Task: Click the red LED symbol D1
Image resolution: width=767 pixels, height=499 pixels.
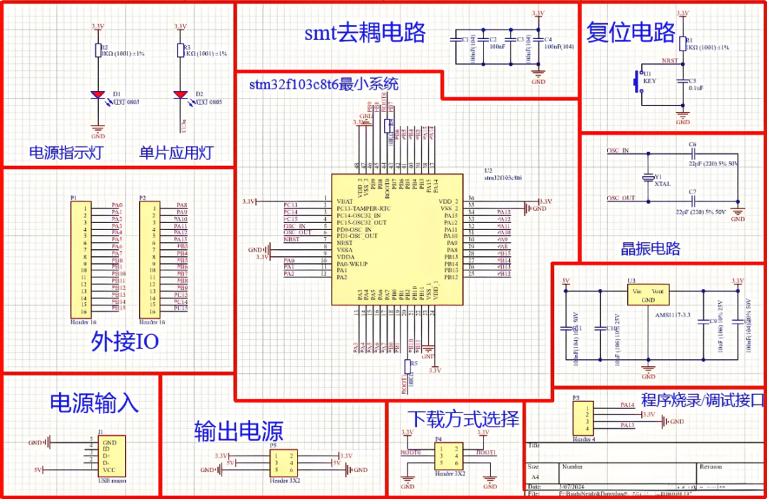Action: pos(98,94)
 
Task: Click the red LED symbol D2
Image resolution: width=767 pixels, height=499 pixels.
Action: pos(180,94)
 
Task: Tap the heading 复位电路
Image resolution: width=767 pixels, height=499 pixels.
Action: pos(631,33)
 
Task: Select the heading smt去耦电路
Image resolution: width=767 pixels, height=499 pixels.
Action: pos(365,33)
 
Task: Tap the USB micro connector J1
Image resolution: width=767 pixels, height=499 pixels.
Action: pos(111,455)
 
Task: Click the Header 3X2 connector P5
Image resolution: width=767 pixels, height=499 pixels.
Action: pos(283,463)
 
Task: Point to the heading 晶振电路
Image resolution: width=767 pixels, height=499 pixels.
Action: pos(650,248)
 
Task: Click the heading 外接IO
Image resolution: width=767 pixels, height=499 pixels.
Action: pos(125,342)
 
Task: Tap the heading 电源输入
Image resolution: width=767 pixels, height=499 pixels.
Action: pos(93,402)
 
